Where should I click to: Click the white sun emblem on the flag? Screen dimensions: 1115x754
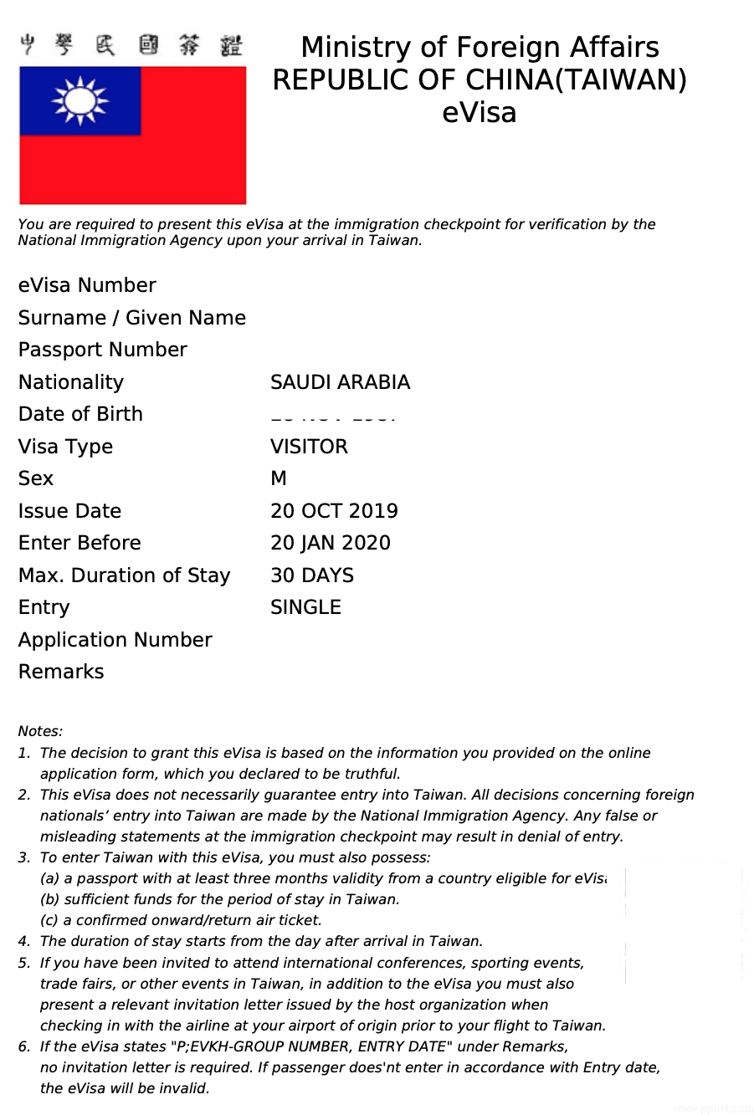pyautogui.click(x=80, y=101)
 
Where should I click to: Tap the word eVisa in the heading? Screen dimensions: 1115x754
pyautogui.click(x=479, y=112)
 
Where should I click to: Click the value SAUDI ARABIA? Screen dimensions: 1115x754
pyautogui.click(x=340, y=382)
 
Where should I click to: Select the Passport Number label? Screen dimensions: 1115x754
pyautogui.click(x=102, y=350)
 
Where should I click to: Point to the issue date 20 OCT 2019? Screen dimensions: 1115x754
pyautogui.click(x=334, y=511)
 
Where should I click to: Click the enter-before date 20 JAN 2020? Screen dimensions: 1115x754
pyautogui.click(x=330, y=543)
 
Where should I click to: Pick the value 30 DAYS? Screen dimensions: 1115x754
pyautogui.click(x=311, y=575)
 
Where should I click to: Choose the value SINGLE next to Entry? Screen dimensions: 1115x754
pyautogui.click(x=305, y=607)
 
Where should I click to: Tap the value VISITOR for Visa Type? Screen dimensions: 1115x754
pyautogui.click(x=309, y=447)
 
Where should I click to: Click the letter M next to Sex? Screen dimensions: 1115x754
pyautogui.click(x=279, y=478)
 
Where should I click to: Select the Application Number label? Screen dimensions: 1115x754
pyautogui.click(x=115, y=640)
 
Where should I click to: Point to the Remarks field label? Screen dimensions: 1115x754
pyautogui.click(x=61, y=672)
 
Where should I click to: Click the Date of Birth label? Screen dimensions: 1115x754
pyautogui.click(x=80, y=414)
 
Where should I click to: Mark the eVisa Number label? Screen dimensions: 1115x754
pyautogui.click(x=87, y=285)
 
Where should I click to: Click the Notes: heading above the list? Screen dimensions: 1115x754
pyautogui.click(x=40, y=731)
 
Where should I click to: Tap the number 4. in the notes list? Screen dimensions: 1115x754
pyautogui.click(x=24, y=941)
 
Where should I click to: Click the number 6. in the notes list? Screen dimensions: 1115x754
pyautogui.click(x=24, y=1046)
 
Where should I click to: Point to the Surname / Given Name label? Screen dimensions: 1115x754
pyautogui.click(x=131, y=318)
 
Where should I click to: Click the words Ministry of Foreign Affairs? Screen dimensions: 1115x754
pyautogui.click(x=480, y=47)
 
